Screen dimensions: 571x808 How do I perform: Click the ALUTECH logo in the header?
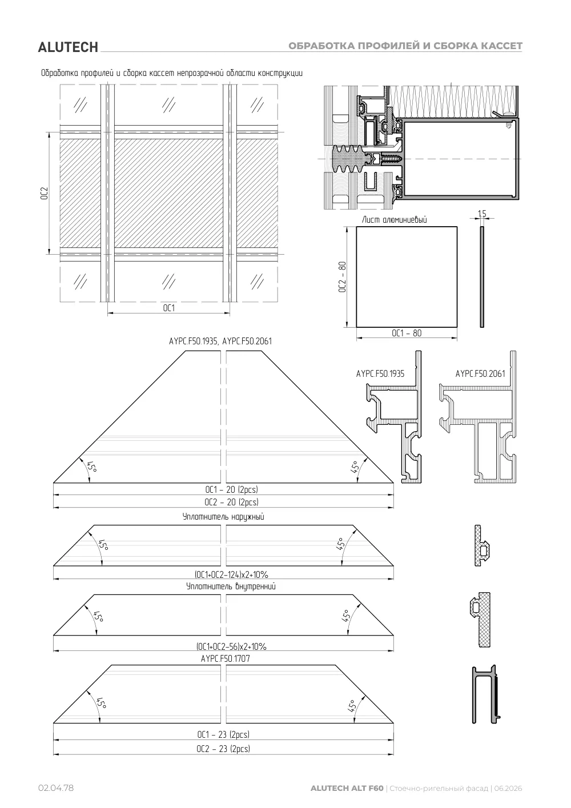click(x=68, y=47)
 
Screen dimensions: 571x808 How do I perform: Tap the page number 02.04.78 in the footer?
click(x=56, y=788)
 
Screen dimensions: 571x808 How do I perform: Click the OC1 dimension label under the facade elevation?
click(x=169, y=308)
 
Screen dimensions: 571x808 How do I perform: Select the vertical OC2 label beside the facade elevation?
click(x=45, y=194)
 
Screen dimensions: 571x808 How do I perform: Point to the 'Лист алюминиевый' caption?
click(x=394, y=219)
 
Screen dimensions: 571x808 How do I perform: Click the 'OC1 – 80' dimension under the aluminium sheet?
click(x=407, y=333)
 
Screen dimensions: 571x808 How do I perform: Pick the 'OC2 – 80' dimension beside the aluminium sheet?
click(x=342, y=277)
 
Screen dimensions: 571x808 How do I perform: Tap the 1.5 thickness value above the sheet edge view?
click(x=482, y=214)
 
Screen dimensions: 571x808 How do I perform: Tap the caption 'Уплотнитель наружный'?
click(x=223, y=517)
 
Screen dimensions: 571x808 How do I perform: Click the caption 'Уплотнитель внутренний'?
click(x=231, y=586)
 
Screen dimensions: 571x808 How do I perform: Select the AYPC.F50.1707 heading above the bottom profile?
click(x=226, y=658)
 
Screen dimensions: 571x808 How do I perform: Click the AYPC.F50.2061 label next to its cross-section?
click(x=480, y=373)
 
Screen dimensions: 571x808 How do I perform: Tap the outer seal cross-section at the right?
click(x=482, y=545)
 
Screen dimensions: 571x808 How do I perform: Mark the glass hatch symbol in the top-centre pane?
click(x=169, y=104)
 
